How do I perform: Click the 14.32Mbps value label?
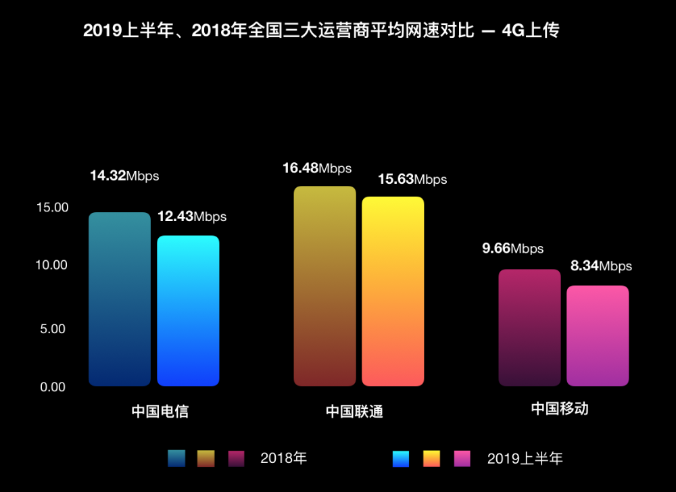coord(124,176)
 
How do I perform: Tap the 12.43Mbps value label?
coord(192,217)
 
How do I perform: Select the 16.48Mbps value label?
coord(317,168)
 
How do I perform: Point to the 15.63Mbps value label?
coord(412,179)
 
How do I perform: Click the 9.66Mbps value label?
coord(512,249)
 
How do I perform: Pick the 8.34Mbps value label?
coord(601,266)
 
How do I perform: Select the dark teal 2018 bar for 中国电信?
coord(120,299)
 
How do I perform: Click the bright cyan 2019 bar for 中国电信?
coord(188,311)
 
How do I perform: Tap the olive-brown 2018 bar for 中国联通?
coord(324,286)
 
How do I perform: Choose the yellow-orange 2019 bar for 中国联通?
coord(393,291)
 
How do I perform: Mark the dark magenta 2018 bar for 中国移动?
coord(529,328)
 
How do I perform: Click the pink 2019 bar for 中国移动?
coord(598,336)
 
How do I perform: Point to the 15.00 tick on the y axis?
coord(52,207)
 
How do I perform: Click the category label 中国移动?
coord(559,408)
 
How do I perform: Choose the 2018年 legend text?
coord(284,458)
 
